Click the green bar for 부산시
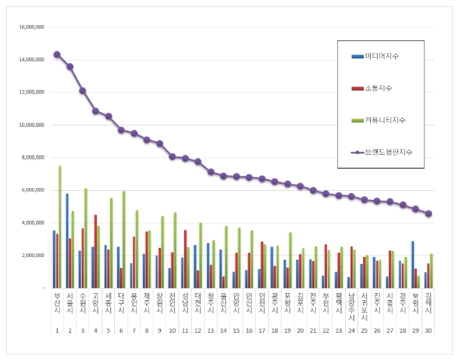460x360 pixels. click(x=60, y=226)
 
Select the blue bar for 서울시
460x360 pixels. click(x=67, y=240)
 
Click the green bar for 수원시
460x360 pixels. click(x=86, y=237)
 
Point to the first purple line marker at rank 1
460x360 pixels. click(x=57, y=54)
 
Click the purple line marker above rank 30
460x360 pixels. click(x=428, y=214)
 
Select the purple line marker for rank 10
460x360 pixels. click(x=172, y=157)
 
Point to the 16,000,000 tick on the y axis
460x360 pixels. click(x=31, y=26)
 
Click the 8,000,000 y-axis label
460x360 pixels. click(x=32, y=157)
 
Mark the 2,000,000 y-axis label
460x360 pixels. click(x=32, y=256)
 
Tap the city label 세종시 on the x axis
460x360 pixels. click(x=108, y=306)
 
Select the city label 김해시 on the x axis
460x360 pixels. click(x=428, y=306)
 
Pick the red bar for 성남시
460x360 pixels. click(x=185, y=258)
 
